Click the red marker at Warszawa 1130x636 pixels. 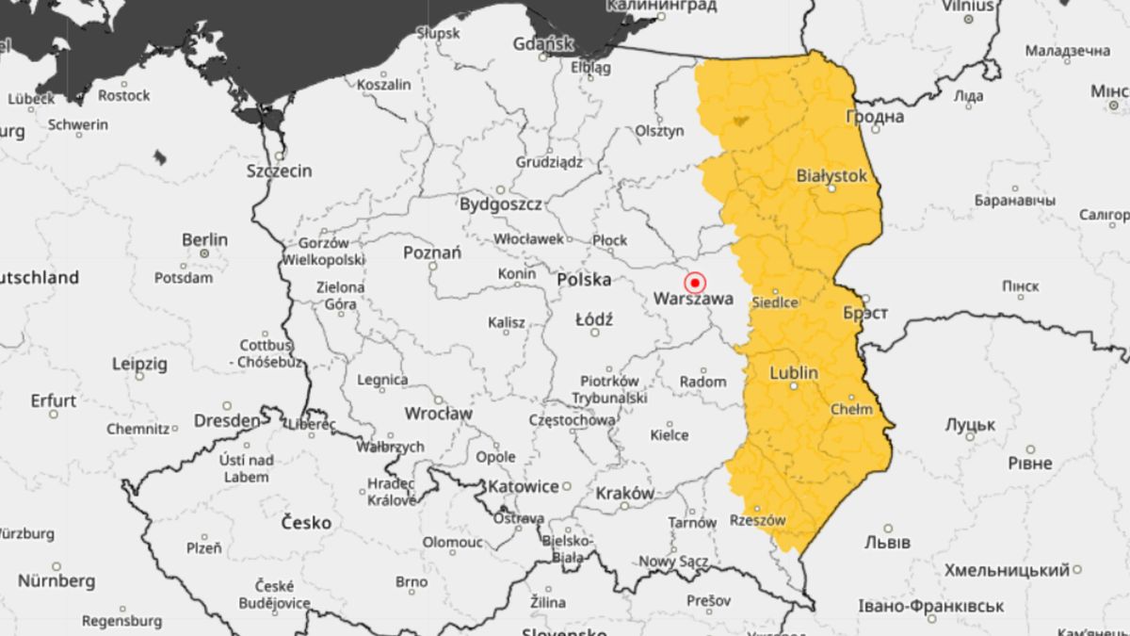pos(695,282)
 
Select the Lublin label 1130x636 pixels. pos(794,373)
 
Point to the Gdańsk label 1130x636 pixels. pos(543,43)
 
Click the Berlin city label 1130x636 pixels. pos(204,239)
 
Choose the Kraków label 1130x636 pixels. pos(624,493)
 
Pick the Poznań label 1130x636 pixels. pos(432,253)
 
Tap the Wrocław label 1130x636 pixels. pos(438,414)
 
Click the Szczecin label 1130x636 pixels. pos(279,171)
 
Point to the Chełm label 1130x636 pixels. pos(852,409)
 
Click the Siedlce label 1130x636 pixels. pos(776,302)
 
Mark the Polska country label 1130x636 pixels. pos(584,280)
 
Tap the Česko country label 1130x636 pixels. pos(305,522)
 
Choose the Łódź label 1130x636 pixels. pos(593,319)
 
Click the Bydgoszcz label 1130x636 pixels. pos(500,204)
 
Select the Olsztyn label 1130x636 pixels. pos(659,131)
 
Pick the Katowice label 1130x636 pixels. pos(524,486)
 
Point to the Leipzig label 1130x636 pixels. pos(138,363)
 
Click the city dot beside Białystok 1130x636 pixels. pos(831,188)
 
